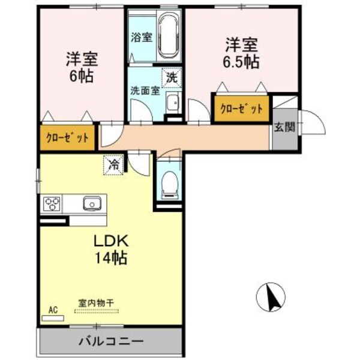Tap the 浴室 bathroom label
coord(142,37)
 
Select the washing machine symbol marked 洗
coord(172,77)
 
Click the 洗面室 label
coord(145,91)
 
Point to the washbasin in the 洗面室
coord(172,103)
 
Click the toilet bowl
coord(170,182)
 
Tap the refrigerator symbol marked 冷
coord(113,163)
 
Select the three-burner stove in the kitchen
coord(52,204)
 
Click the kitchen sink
coord(92,203)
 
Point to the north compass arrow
coord(271,294)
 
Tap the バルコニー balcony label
coord(111,341)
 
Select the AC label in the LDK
coord(53,310)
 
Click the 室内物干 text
coord(97,304)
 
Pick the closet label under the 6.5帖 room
coord(241,109)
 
